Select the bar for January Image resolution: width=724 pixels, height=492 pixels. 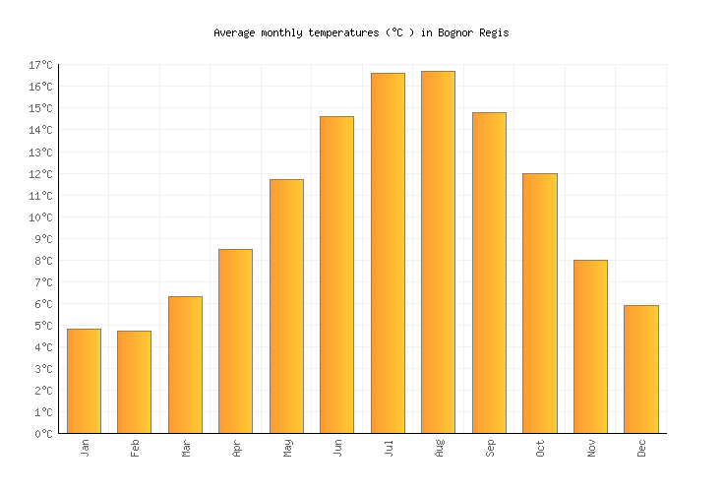[84, 381]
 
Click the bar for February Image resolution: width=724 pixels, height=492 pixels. [134, 382]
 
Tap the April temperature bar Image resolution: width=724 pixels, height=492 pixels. [235, 340]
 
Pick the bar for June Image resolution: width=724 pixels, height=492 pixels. [336, 275]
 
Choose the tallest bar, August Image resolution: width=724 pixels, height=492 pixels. [438, 252]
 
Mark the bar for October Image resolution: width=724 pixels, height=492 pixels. [539, 303]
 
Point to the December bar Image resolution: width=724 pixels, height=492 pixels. [640, 369]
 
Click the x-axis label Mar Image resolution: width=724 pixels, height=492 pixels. [186, 448]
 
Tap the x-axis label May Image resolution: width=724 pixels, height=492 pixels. [287, 448]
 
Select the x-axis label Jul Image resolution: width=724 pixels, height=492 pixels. [389, 448]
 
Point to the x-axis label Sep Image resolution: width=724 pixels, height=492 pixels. [490, 448]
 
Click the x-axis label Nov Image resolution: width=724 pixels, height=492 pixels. [591, 448]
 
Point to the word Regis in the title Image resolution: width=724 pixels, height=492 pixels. [493, 32]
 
